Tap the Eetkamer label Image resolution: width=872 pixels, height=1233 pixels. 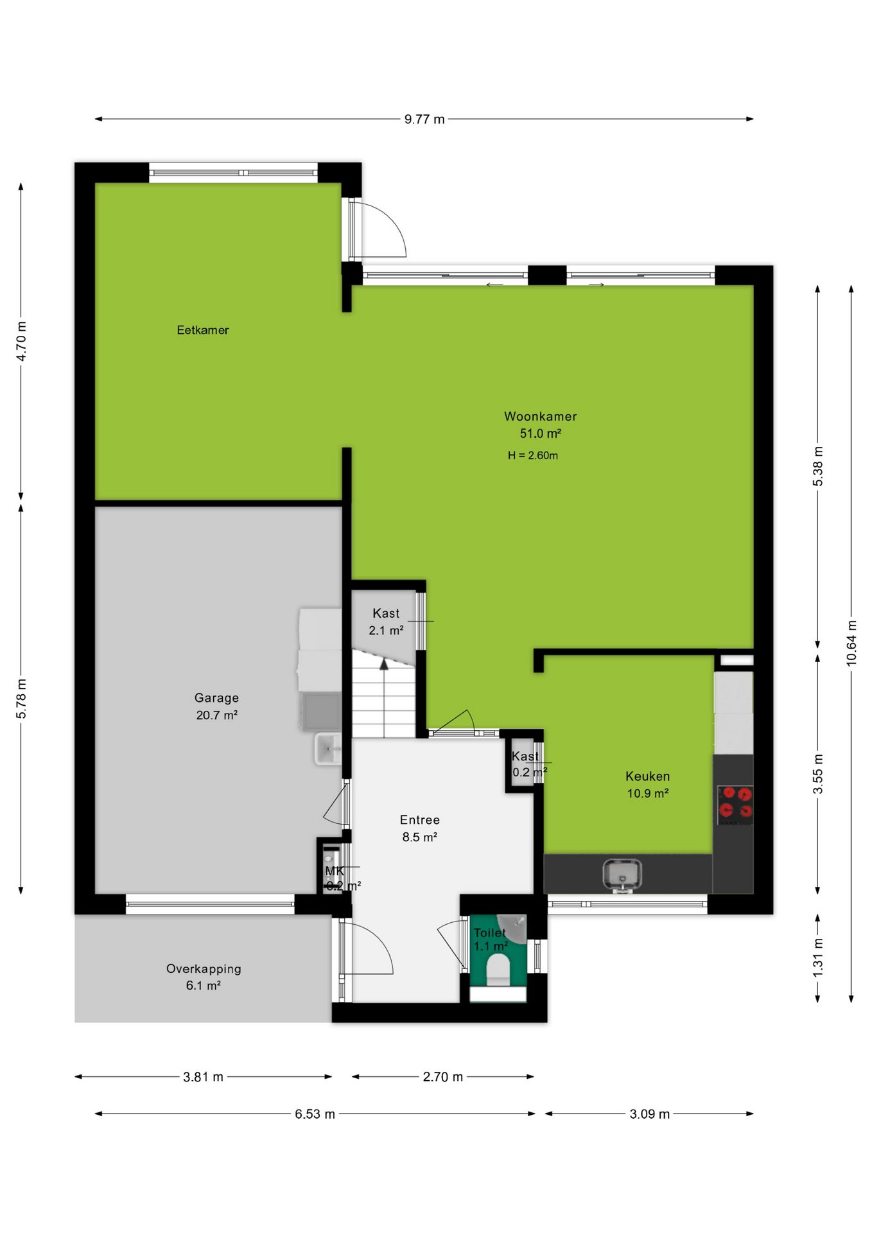click(203, 330)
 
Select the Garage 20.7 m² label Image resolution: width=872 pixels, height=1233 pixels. click(217, 706)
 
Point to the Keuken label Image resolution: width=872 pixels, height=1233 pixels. click(647, 776)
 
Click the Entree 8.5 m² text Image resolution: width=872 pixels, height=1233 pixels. click(420, 828)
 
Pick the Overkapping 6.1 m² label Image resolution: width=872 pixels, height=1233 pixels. click(204, 977)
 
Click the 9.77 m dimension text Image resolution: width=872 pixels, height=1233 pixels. click(424, 119)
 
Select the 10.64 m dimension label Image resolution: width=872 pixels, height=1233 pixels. click(851, 643)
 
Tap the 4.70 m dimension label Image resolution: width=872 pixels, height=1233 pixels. click(21, 341)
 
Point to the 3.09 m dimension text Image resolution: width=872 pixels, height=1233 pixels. click(650, 1114)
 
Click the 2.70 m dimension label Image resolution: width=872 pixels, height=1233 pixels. click(442, 1077)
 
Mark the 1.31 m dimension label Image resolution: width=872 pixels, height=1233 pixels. click(818, 958)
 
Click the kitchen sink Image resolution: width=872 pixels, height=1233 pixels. click(622, 875)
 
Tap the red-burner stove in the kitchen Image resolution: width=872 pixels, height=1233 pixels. click(735, 805)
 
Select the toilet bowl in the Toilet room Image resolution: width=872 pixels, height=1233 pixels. click(498, 970)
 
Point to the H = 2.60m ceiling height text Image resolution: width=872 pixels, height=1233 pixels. click(533, 455)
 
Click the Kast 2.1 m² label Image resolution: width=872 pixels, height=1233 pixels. click(386, 622)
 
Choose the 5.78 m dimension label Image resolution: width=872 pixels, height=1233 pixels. click(21, 698)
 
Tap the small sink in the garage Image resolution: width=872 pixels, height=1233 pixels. click(327, 749)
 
